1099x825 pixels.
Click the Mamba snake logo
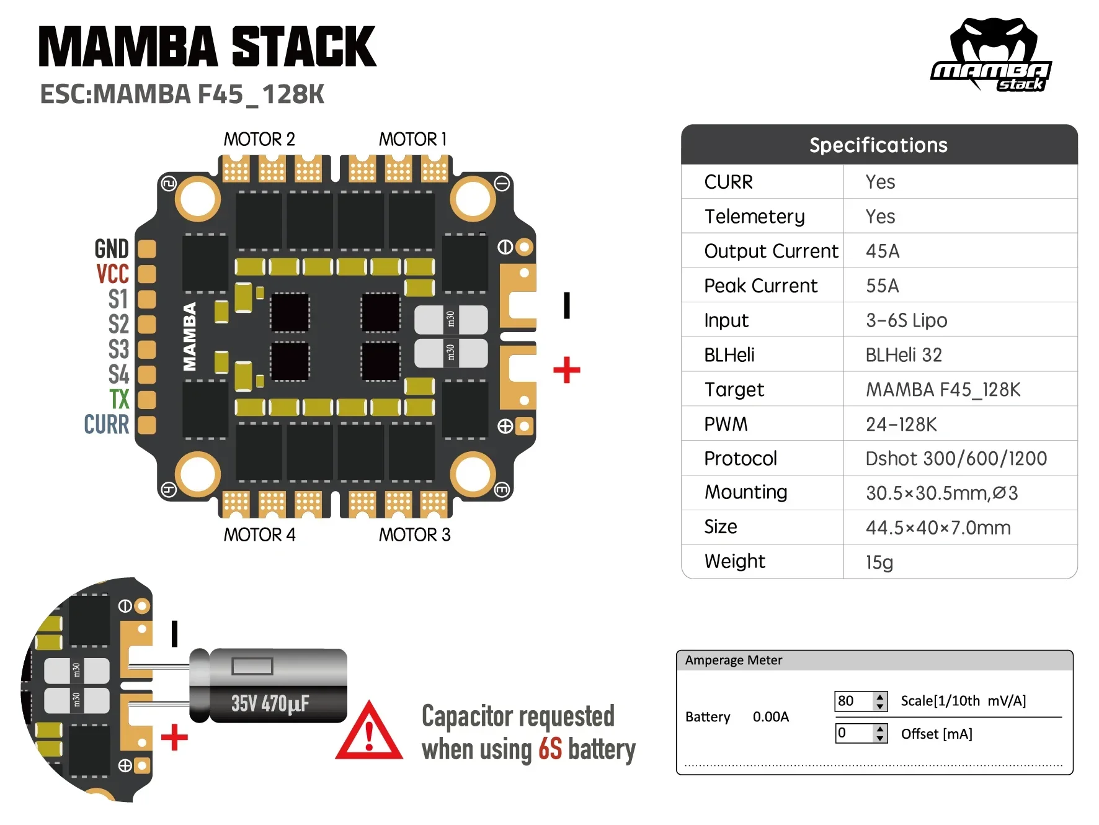tap(991, 55)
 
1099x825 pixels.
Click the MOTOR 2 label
tap(259, 139)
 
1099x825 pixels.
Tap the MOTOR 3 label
tap(414, 534)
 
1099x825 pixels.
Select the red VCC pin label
tap(113, 274)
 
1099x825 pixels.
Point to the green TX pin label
tap(119, 399)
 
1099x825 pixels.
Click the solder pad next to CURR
tap(146, 425)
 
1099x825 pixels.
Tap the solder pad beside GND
tap(146, 249)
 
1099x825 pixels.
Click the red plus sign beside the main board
tap(566, 370)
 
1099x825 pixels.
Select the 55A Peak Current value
tap(882, 286)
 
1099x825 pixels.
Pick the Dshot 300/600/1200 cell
tap(956, 458)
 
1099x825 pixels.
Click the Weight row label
tap(734, 561)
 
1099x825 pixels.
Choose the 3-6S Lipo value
tap(906, 320)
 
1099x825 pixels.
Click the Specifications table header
tap(878, 145)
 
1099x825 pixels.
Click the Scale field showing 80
tap(853, 701)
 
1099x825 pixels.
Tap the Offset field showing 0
tap(853, 733)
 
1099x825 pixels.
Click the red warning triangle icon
tap(369, 733)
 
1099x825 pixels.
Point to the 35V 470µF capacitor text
tap(270, 703)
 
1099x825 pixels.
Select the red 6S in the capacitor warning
tap(549, 749)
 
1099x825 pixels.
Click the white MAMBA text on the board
tap(190, 336)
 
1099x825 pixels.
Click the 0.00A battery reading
tap(770, 717)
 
